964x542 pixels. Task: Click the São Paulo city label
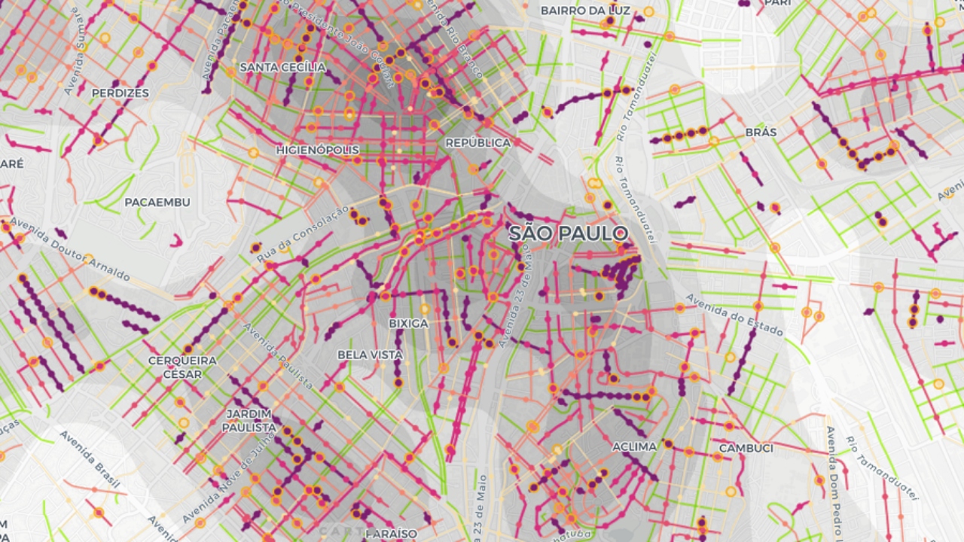(x=568, y=233)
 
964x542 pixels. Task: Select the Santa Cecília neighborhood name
(x=282, y=68)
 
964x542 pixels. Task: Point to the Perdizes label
(x=120, y=93)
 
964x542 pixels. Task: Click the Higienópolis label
(x=317, y=150)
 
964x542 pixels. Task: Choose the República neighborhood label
(x=477, y=143)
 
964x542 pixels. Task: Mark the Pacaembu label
(x=157, y=202)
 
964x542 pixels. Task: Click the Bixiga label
(x=408, y=324)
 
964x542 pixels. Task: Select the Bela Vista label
(x=370, y=355)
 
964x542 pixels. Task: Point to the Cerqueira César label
(x=182, y=367)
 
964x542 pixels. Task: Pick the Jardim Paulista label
(x=249, y=421)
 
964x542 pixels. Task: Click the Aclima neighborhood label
(x=634, y=446)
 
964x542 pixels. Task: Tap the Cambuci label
(x=746, y=448)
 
